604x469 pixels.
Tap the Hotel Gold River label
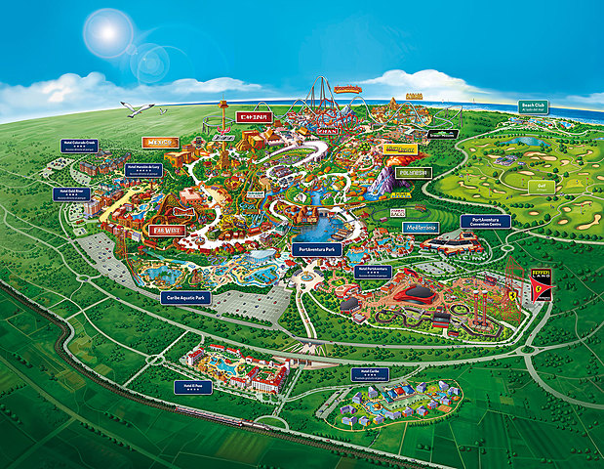71,193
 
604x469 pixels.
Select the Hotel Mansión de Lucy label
143,169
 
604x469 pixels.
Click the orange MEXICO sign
161,142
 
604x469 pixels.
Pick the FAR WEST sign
166,232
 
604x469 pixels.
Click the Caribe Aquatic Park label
184,297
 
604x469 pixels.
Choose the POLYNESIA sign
413,173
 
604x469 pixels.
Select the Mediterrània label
422,227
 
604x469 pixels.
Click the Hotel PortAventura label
373,271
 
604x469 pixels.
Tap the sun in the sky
106,32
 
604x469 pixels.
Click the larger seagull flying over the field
137,108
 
